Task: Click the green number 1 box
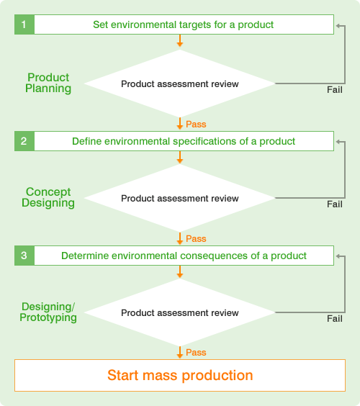24,24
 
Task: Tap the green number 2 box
24,141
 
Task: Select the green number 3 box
24,256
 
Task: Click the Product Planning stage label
48,83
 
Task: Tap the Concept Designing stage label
48,197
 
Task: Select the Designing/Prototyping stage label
48,312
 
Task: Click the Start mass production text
180,375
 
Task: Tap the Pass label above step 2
196,125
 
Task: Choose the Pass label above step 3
196,239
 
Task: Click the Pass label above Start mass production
196,353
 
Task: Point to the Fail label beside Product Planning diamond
335,90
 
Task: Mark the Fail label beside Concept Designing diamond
335,204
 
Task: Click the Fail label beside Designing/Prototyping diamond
335,319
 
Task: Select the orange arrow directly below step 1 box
180,40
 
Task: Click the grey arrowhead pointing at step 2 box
338,142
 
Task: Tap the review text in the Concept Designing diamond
225,199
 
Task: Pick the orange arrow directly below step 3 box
180,271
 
